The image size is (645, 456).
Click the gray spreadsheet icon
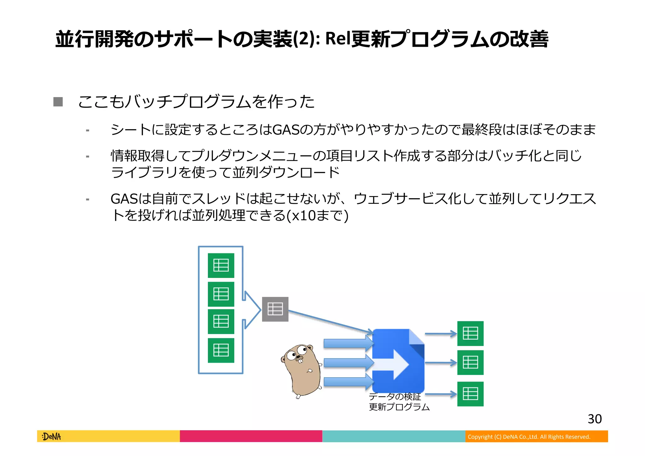(275, 309)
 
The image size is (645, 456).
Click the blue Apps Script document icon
(398, 361)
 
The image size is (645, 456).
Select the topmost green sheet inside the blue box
(221, 265)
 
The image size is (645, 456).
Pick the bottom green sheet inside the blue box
(221, 350)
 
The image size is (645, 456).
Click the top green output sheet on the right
(470, 333)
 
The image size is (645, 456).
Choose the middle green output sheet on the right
(470, 362)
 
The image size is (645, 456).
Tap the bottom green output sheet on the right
(470, 394)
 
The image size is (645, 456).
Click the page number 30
(595, 419)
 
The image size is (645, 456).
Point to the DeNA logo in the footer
(51, 436)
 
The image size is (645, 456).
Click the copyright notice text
(529, 437)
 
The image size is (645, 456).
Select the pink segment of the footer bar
(251, 436)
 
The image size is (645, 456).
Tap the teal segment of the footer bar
(394, 436)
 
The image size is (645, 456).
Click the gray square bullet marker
(58, 102)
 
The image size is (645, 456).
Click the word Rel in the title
(338, 39)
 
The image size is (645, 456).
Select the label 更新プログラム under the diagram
(399, 407)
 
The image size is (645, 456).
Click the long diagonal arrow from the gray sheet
(331, 322)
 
